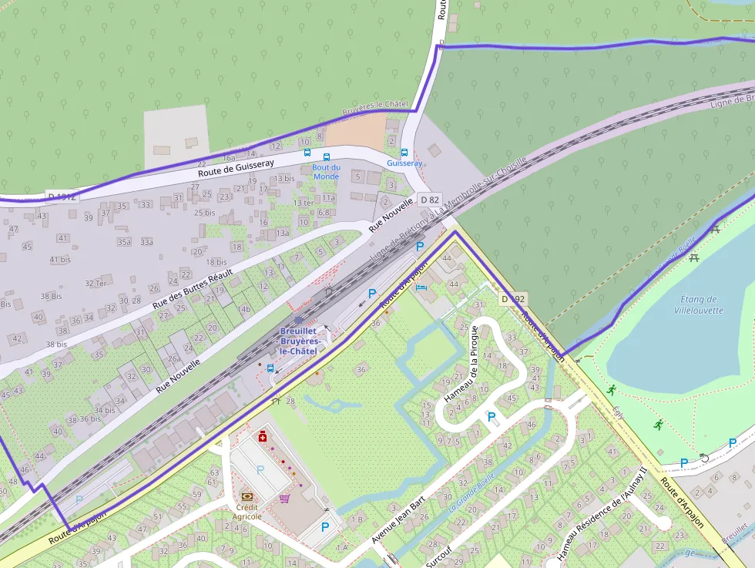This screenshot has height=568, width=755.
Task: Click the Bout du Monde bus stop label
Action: (x=326, y=172)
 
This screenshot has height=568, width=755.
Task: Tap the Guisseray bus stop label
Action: (x=404, y=163)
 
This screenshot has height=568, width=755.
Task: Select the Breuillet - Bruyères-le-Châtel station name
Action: (x=298, y=341)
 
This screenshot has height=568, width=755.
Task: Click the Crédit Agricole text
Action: (x=247, y=512)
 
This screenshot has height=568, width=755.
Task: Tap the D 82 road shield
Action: (x=429, y=200)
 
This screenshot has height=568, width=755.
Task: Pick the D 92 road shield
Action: (x=513, y=298)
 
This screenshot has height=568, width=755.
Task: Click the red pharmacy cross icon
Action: (x=263, y=437)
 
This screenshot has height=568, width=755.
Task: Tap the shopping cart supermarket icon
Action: (x=285, y=498)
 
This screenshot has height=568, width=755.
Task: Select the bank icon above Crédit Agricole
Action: (x=247, y=497)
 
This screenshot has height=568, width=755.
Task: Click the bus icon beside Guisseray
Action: (x=404, y=153)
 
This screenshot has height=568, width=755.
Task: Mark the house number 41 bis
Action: (x=60, y=260)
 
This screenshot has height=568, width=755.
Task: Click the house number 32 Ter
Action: (x=96, y=283)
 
